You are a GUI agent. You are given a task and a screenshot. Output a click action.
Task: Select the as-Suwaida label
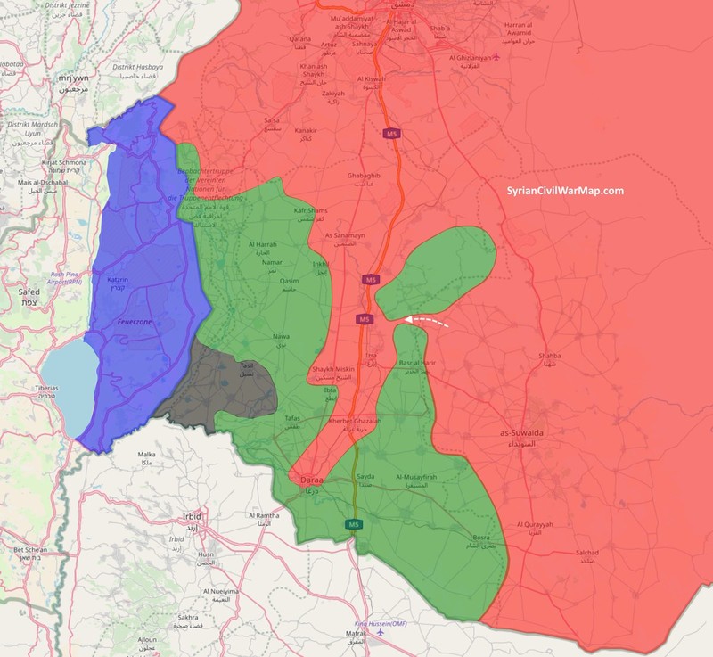(522, 432)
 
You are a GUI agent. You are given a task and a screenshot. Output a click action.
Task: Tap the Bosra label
(482, 538)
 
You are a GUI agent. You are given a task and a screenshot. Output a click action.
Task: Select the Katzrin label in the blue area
(119, 279)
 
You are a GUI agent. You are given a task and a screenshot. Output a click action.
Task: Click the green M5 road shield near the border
(355, 523)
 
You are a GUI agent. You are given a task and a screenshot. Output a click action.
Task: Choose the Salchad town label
(584, 554)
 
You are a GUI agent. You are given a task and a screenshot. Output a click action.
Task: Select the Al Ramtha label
(265, 516)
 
